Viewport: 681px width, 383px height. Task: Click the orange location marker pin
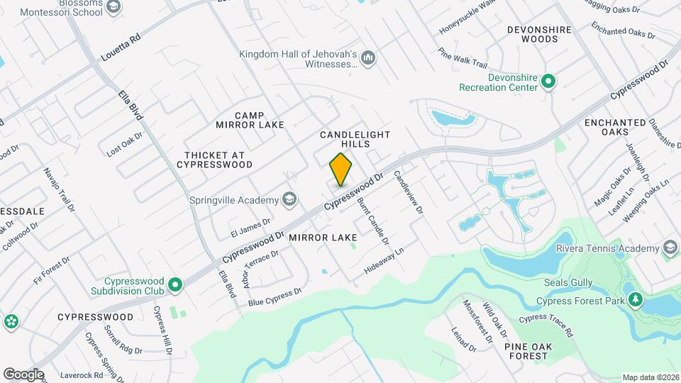point(340,169)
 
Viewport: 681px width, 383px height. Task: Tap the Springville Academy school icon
point(289,199)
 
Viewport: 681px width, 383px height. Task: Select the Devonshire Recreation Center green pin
point(548,82)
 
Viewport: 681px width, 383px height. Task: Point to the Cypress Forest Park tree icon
point(635,301)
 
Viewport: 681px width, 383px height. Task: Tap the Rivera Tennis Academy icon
point(669,248)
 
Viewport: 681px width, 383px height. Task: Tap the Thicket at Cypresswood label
point(218,160)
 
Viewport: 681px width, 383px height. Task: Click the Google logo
point(23,374)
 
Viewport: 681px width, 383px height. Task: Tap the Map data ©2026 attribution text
point(650,377)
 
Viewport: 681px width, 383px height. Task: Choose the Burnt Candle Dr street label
point(374,221)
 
